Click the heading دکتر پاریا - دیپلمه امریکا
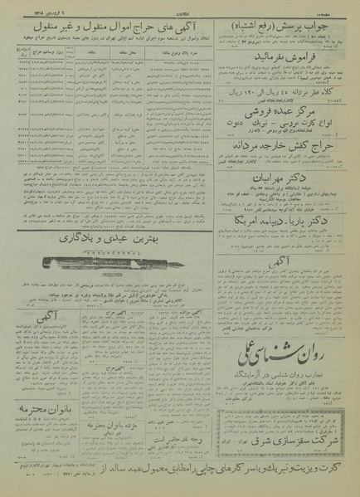(280, 220)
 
